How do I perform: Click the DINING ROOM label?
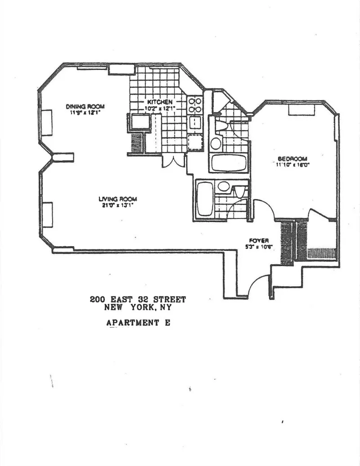tap(85, 106)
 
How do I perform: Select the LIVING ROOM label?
tap(117, 199)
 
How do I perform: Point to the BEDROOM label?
tap(292, 158)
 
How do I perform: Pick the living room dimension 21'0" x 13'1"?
tap(117, 205)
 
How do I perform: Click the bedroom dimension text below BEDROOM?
tap(292, 165)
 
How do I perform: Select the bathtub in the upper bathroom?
tap(229, 163)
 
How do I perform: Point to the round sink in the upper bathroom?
tap(216, 144)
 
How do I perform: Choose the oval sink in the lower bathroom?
tap(222, 186)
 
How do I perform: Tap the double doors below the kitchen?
tap(173, 161)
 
